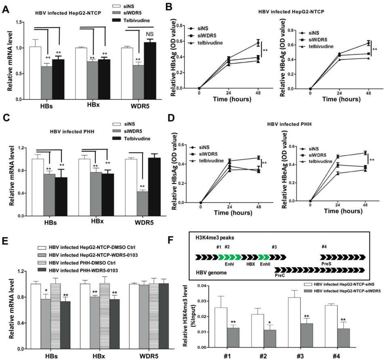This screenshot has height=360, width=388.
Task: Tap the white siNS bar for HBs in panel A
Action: [36, 73]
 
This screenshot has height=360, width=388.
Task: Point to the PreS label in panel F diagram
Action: [326, 263]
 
